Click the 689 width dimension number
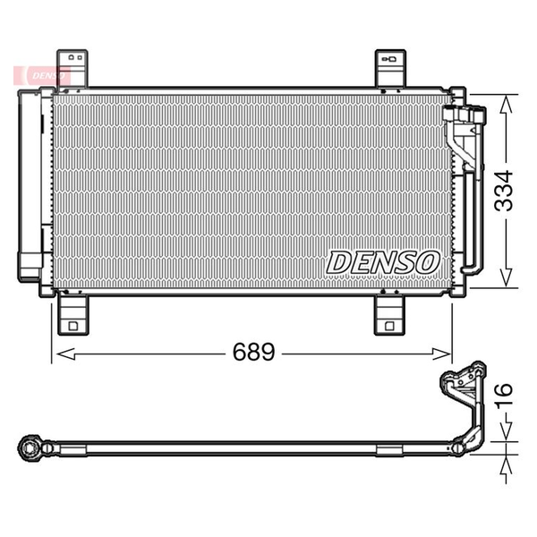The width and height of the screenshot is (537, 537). pos(253,352)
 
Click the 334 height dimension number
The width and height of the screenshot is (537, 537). pos(503,191)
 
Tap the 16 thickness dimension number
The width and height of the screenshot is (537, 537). pos(504,396)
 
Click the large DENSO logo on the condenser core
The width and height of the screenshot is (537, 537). pos(383,262)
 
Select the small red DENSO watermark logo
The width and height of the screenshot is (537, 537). pos(42,75)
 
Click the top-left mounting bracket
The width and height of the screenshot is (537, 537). pos(72,69)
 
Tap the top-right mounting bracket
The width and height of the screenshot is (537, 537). pos(390,69)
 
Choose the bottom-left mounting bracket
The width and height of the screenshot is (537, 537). pos(73,315)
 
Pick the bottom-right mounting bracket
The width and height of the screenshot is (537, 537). pos(389,315)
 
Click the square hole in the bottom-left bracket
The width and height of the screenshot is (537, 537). pos(73,326)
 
